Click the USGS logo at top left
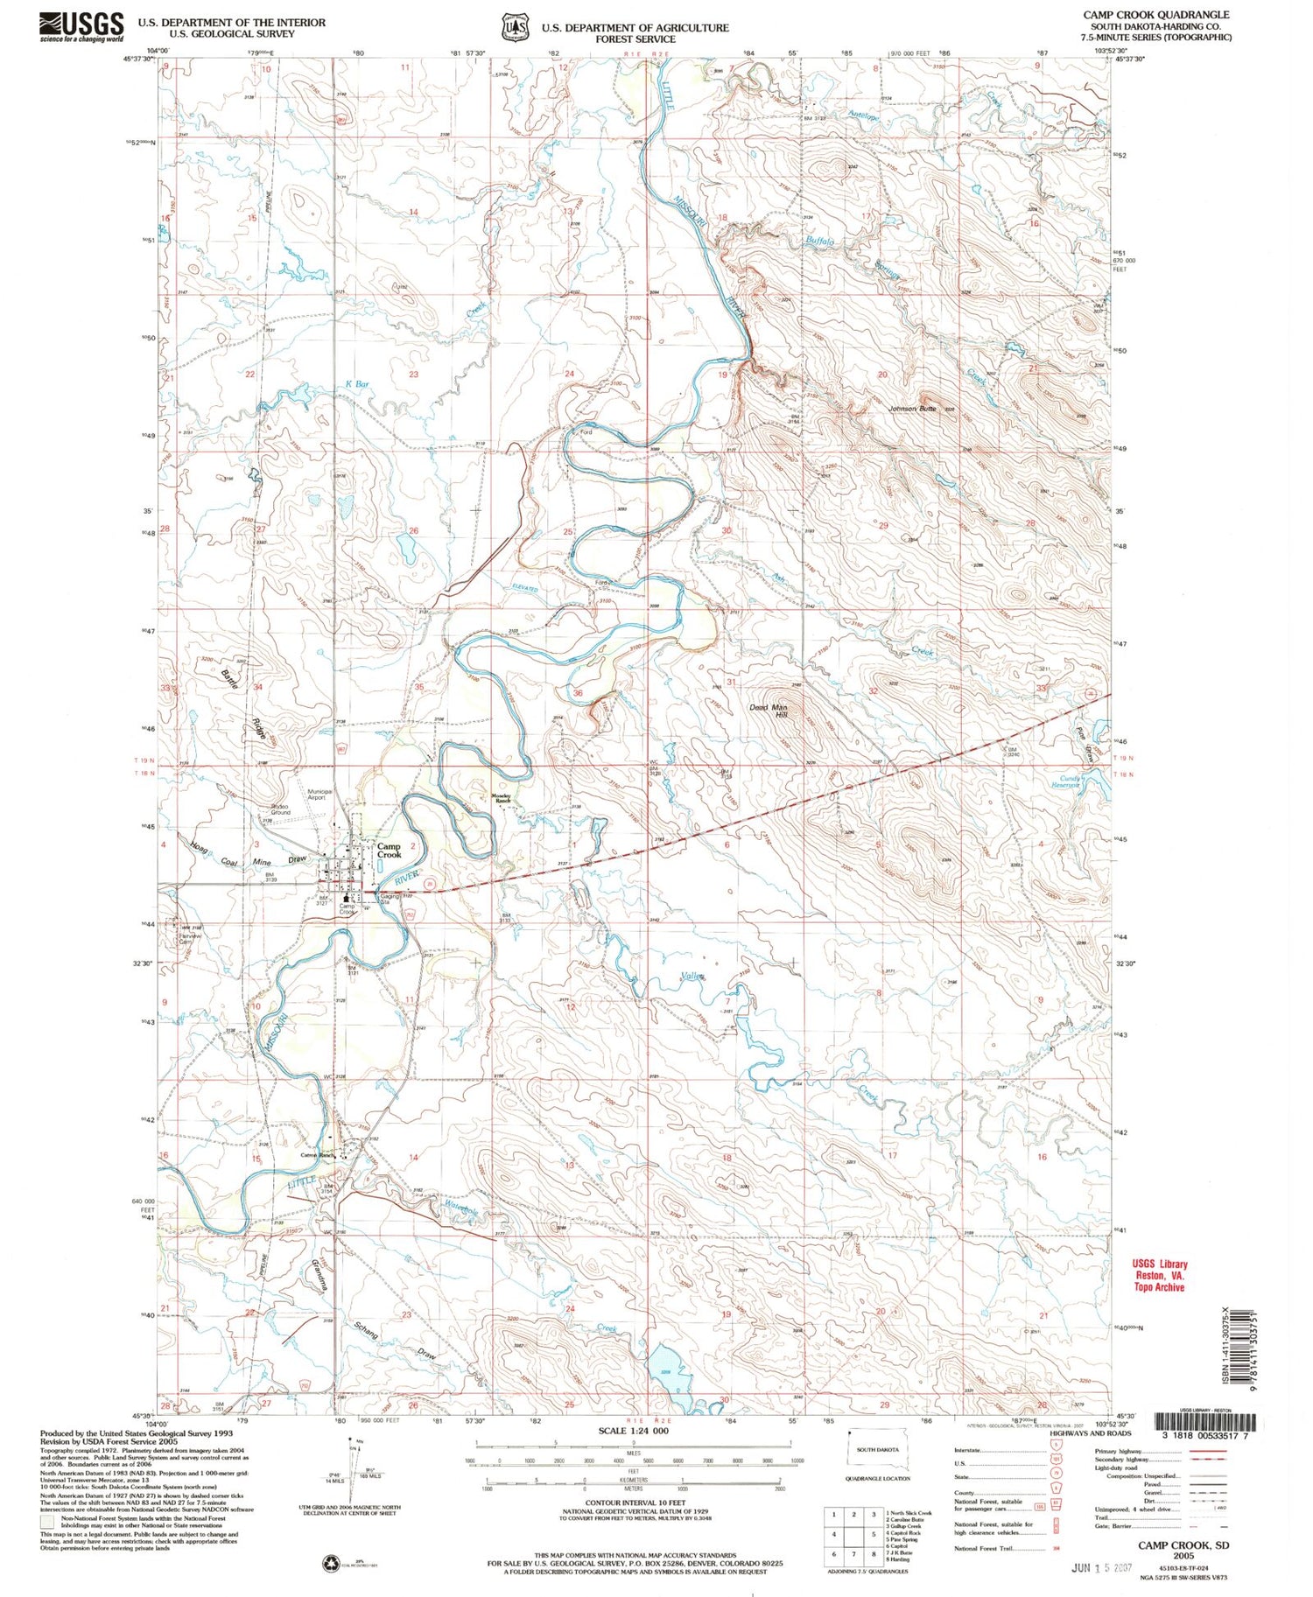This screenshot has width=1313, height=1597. click(x=81, y=27)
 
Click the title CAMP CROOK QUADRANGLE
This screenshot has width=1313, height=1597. click(x=1155, y=15)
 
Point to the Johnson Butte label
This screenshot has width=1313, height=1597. click(x=912, y=409)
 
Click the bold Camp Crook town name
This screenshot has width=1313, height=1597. click(x=389, y=850)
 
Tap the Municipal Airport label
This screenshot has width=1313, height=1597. click(x=319, y=794)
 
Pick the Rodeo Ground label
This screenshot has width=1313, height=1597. click(x=280, y=809)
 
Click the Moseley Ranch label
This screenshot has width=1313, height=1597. click(x=502, y=798)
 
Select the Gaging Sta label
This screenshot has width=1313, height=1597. click(x=390, y=900)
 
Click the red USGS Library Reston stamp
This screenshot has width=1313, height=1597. click(x=1159, y=1275)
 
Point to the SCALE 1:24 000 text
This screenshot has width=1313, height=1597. click(x=633, y=1430)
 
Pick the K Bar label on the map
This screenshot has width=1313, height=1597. click(x=356, y=384)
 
